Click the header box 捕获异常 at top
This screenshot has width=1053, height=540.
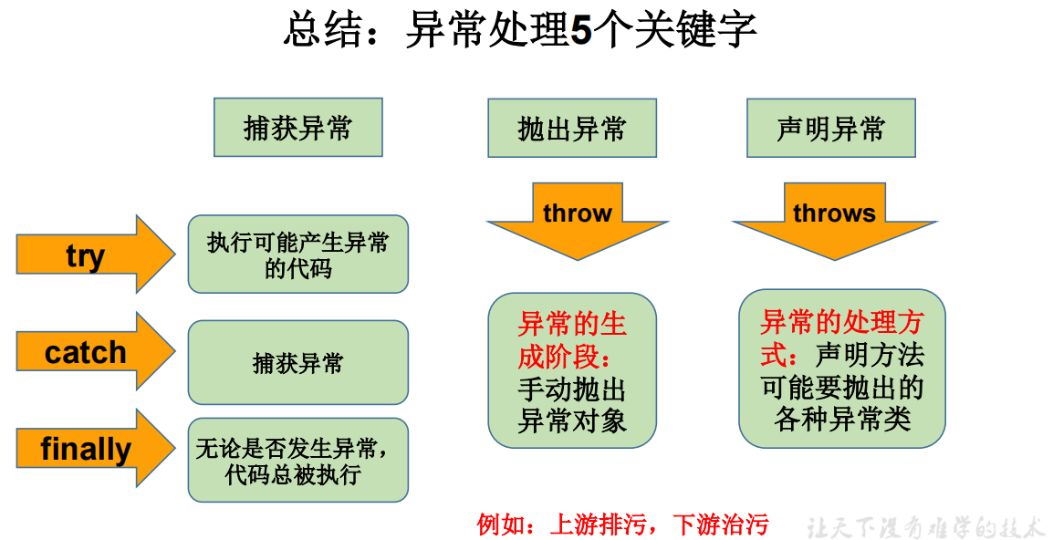pyautogui.click(x=297, y=128)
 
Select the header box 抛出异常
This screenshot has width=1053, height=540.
pyautogui.click(x=571, y=128)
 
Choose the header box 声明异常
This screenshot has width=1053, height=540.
pyautogui.click(x=830, y=128)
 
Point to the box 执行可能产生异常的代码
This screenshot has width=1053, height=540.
pyautogui.click(x=297, y=254)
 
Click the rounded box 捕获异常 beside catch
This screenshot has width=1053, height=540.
pyautogui.click(x=297, y=363)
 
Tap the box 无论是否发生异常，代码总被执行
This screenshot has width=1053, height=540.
pyautogui.click(x=297, y=461)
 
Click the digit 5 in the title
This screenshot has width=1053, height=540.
pyautogui.click(x=581, y=30)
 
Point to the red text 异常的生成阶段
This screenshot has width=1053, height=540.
pyautogui.click(x=571, y=339)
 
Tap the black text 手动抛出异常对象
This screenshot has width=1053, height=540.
pyautogui.click(x=571, y=405)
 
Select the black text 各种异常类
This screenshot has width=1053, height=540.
pyautogui.click(x=841, y=419)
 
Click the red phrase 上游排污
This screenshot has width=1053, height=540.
pyautogui.click(x=598, y=524)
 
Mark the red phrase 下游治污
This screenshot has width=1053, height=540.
pyautogui.click(x=721, y=524)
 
